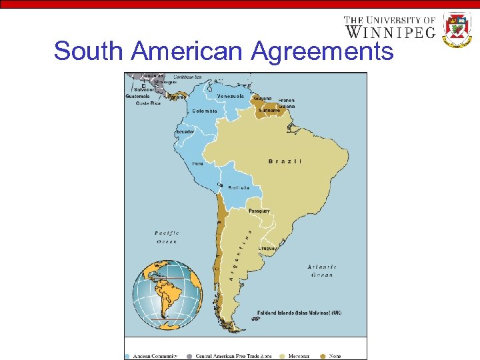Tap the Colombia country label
[205, 111]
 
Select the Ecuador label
[185, 131]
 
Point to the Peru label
[198, 163]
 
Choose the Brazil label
[285, 161]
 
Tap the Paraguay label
[259, 211]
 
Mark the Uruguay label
[268, 248]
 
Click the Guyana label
[262, 97]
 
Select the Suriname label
[271, 111]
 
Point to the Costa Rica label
[148, 103]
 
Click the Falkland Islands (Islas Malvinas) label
[299, 312]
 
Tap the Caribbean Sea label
[189, 77]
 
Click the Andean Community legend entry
[155, 356]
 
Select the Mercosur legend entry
[299, 356]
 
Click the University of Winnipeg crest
[457, 29]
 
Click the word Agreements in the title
[323, 51]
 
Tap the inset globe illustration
[167, 292]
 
